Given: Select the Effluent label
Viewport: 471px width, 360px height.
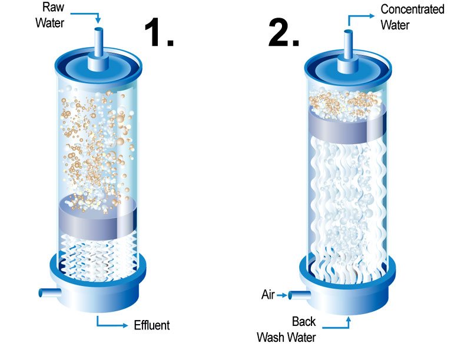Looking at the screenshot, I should pos(152,325).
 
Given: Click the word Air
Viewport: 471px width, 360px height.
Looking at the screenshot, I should pos(268,294).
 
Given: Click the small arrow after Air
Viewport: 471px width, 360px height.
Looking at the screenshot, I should pos(281,294).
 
